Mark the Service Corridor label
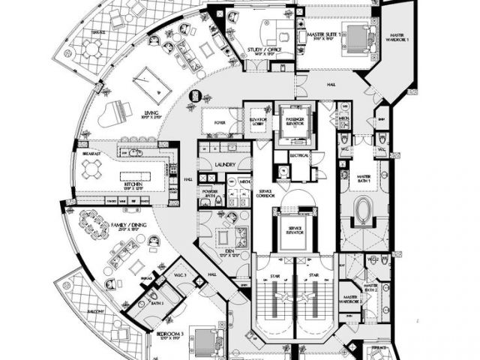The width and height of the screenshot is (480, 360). [265, 193]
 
